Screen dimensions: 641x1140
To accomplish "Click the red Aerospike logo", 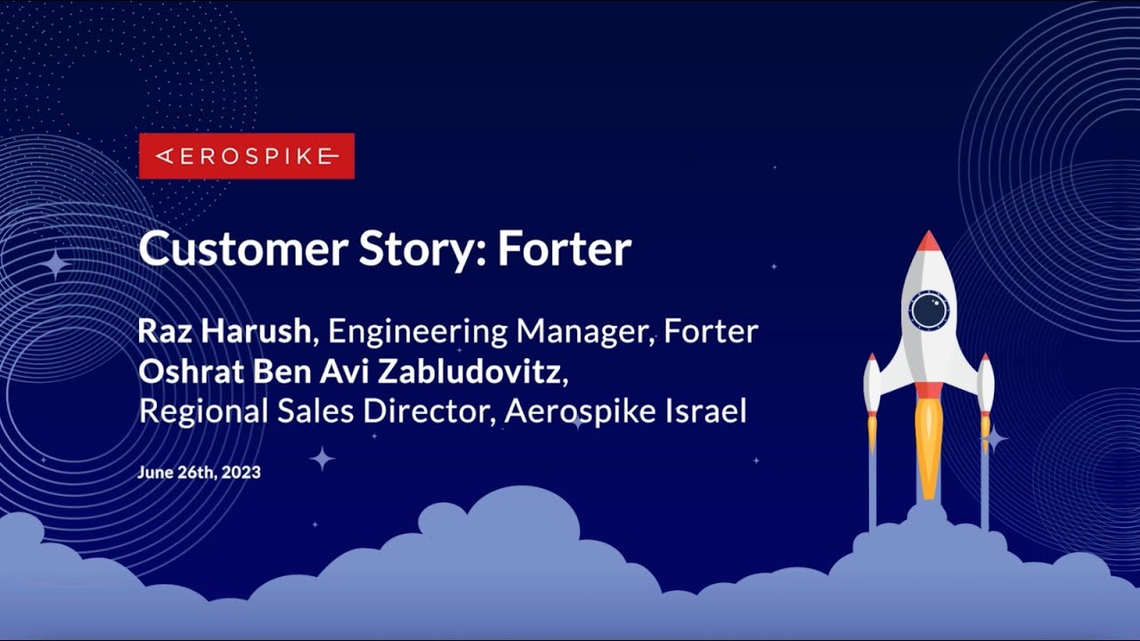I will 247,156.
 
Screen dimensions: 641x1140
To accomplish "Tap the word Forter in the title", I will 565,249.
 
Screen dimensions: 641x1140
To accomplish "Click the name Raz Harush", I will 224,331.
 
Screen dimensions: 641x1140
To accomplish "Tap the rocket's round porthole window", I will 929,310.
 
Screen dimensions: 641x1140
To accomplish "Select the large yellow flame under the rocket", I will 929,445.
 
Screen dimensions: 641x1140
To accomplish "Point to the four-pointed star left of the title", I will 56,264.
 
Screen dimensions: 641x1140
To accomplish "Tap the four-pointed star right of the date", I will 322,458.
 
